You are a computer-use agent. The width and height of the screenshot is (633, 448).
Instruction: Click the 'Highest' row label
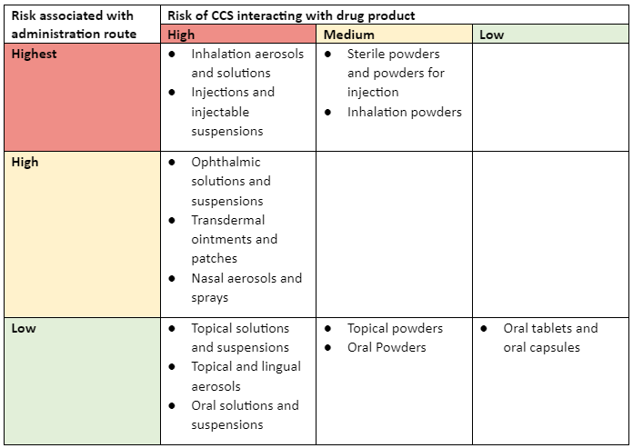click(x=34, y=55)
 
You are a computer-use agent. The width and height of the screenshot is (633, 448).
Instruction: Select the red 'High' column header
click(x=181, y=35)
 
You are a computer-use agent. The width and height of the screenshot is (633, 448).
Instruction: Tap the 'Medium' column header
click(x=348, y=35)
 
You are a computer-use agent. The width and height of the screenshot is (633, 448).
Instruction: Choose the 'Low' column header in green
click(x=491, y=35)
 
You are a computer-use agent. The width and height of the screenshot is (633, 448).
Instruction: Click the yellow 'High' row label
click(x=25, y=163)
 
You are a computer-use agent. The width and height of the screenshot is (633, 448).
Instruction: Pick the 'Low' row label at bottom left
click(x=24, y=328)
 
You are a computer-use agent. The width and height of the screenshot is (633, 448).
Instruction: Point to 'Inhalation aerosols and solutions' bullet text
click(x=246, y=64)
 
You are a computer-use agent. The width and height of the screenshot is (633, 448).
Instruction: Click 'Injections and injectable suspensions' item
click(x=233, y=112)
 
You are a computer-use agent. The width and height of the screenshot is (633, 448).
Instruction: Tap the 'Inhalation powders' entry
click(x=404, y=113)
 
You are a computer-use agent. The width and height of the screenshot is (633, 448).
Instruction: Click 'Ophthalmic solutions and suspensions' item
click(x=231, y=182)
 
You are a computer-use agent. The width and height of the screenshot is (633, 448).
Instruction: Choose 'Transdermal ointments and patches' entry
click(x=234, y=239)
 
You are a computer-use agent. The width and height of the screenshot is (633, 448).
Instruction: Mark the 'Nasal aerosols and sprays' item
click(x=246, y=288)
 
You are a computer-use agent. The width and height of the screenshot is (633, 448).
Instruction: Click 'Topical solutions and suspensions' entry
click(x=239, y=338)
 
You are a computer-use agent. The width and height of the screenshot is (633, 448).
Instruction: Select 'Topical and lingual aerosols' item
click(x=245, y=376)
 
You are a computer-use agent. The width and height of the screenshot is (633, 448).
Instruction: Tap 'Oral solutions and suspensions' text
click(x=244, y=415)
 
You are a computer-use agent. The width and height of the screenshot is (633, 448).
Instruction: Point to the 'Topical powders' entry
click(x=395, y=328)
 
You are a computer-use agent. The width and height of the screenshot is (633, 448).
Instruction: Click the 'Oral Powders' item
click(x=387, y=347)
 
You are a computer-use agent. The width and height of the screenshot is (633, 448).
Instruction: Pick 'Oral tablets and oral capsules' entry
click(x=549, y=338)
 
